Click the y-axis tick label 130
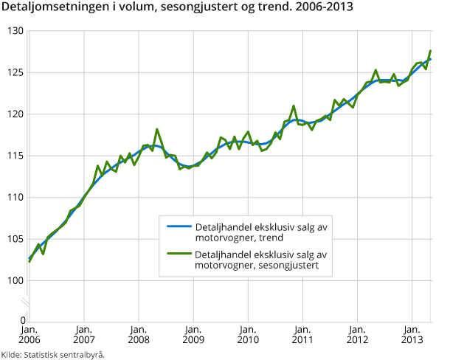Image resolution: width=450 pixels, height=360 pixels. click(15, 31)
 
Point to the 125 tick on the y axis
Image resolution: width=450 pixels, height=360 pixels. click(15, 72)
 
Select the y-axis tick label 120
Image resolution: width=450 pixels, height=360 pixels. click(15, 114)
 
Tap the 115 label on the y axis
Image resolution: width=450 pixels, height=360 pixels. click(15, 156)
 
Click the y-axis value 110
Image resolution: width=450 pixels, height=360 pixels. click(15, 198)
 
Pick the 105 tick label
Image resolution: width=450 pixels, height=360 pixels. click(15, 239)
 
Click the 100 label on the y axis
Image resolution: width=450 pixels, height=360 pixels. click(15, 281)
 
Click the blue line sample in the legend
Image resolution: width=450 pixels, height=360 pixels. click(179, 227)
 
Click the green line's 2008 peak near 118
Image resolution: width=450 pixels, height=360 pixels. click(157, 129)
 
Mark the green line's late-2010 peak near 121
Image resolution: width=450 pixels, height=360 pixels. click(294, 105)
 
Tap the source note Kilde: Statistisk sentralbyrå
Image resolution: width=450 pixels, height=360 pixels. click(53, 353)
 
